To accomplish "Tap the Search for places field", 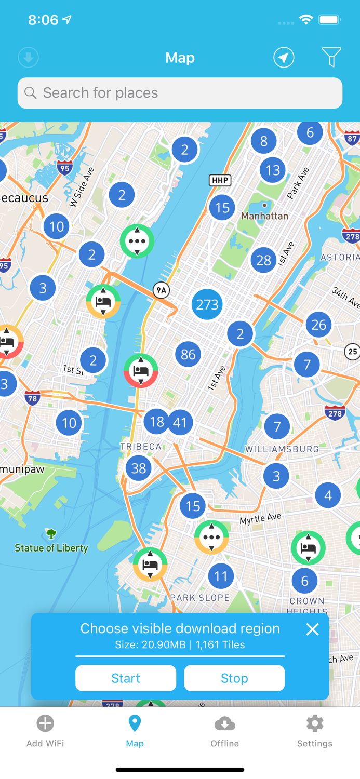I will [x=180, y=93].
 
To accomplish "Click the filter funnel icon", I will [x=331, y=57].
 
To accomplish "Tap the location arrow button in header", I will [x=284, y=57].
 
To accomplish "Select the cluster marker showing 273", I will [x=207, y=304].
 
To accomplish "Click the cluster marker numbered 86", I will [x=188, y=354].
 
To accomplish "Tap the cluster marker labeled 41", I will [x=180, y=423].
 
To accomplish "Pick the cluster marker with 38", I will [x=138, y=468].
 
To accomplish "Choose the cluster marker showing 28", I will [x=263, y=260].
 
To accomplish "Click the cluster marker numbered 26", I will [x=318, y=325].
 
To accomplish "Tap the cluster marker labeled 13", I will [x=273, y=170].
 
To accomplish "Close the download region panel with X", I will [x=312, y=629].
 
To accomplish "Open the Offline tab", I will [x=224, y=731].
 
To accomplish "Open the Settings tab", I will [x=314, y=731].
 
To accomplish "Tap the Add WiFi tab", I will [x=45, y=731].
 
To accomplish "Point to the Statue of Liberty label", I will [x=51, y=547].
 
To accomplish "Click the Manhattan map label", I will [x=264, y=216].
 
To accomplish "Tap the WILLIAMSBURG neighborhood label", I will [x=282, y=449].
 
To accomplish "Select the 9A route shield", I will [x=161, y=290].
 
